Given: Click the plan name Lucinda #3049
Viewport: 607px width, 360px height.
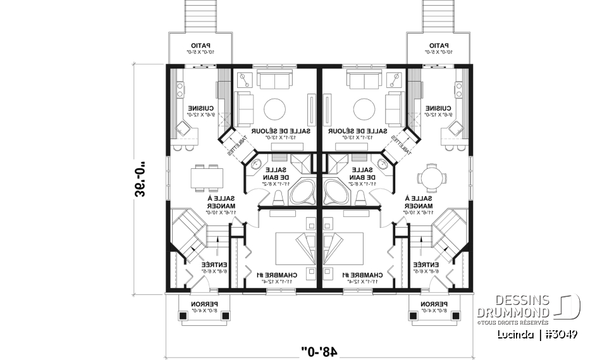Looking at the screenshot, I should coord(537,334).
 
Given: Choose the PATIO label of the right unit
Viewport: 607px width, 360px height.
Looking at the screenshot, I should coord(439,46).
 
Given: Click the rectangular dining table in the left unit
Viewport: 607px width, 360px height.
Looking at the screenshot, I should coord(207,177).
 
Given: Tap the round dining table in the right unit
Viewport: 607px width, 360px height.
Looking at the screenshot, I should coord(431,177).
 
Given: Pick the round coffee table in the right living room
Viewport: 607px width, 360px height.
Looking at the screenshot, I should coord(365,108).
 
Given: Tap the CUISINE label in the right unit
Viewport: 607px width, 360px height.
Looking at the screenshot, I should coord(439,108).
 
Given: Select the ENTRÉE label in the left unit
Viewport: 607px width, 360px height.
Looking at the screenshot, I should coord(214,264).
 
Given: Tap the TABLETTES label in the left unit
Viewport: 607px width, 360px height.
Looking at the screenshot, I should coord(235,146).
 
